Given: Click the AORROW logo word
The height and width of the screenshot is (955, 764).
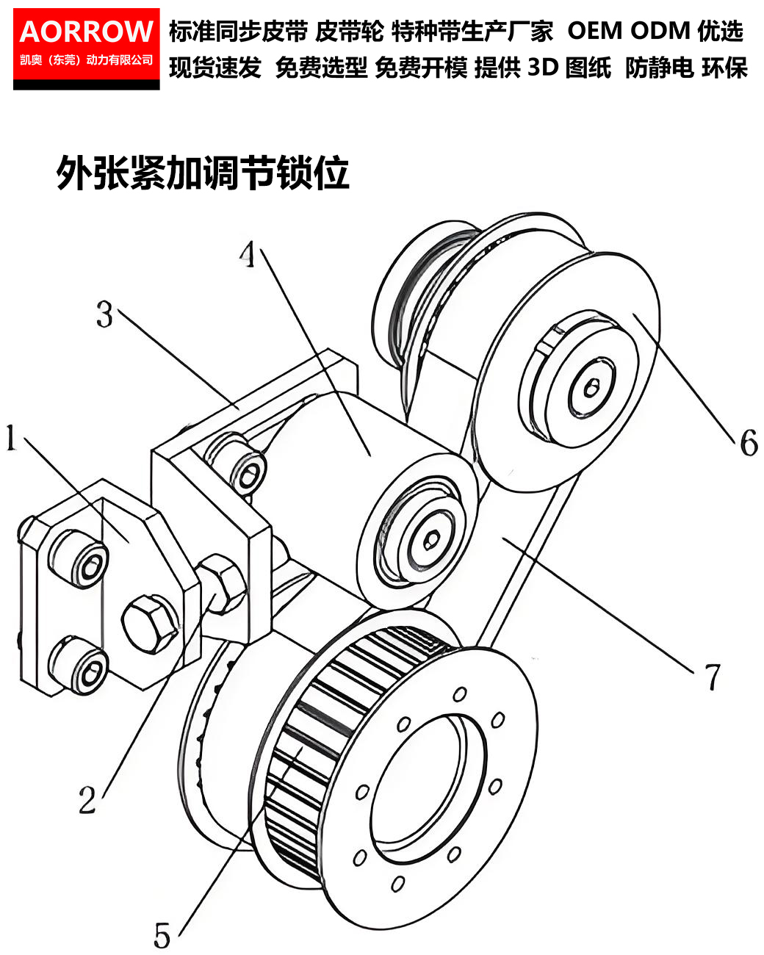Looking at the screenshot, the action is pyautogui.click(x=86, y=32).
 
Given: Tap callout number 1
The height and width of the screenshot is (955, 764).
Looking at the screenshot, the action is pyautogui.click(x=12, y=438).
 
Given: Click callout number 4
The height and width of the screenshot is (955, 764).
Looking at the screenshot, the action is pyautogui.click(x=248, y=254).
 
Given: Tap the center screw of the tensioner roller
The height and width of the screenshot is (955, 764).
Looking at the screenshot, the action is pyautogui.click(x=430, y=540).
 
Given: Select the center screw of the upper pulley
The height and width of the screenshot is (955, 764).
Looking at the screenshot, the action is pyautogui.click(x=591, y=389).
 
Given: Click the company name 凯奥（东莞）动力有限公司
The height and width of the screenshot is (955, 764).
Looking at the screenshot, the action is pyautogui.click(x=86, y=60).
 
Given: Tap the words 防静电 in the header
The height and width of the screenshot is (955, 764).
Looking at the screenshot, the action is pyautogui.click(x=660, y=68).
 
